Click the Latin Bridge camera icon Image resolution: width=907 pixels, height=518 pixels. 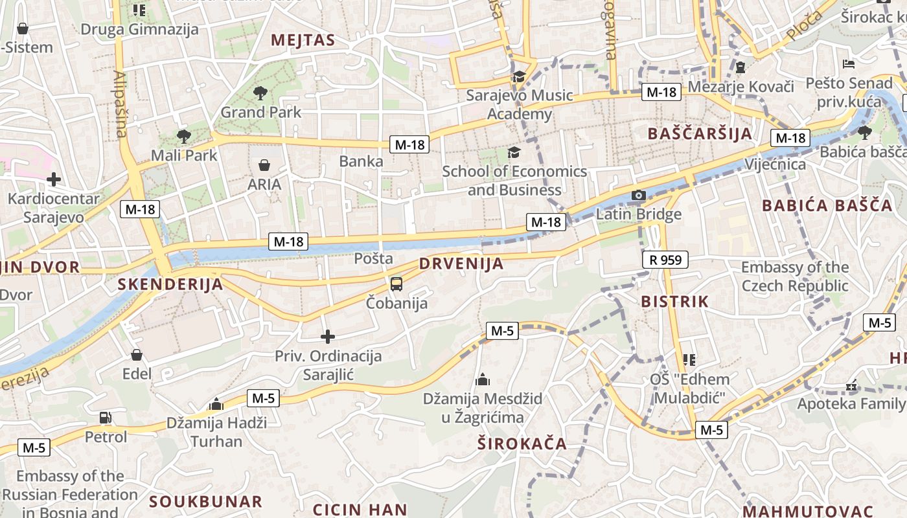click(639, 195)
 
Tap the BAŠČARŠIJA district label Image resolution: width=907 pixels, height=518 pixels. click(700, 134)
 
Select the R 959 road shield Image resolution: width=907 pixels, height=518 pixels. click(665, 260)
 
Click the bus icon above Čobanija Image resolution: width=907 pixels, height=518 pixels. click(396, 284)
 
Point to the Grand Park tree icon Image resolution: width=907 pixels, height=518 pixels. click(260, 93)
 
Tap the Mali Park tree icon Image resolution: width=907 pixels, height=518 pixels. click(184, 136)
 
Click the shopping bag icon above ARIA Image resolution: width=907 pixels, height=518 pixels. click(264, 165)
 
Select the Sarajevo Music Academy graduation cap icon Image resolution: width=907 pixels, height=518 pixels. click(519, 77)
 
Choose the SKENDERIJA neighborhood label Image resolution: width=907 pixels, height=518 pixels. click(170, 284)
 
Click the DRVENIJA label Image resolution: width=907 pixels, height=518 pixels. click(461, 264)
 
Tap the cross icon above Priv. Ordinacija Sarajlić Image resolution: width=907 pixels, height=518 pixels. click(328, 337)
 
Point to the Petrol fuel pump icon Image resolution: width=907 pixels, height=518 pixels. click(105, 418)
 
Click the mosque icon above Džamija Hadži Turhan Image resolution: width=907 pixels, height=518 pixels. click(216, 405)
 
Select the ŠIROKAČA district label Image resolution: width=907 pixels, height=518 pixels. click(522, 444)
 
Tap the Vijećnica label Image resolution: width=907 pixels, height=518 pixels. click(775, 164)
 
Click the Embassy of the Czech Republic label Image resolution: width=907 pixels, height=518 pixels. click(794, 276)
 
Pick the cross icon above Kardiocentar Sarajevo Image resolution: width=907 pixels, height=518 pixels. click(54, 179)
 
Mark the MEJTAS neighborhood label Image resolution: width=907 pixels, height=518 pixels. click(303, 40)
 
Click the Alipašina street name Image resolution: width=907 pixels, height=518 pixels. click(120, 104)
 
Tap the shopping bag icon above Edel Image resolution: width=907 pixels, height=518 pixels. click(137, 355)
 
